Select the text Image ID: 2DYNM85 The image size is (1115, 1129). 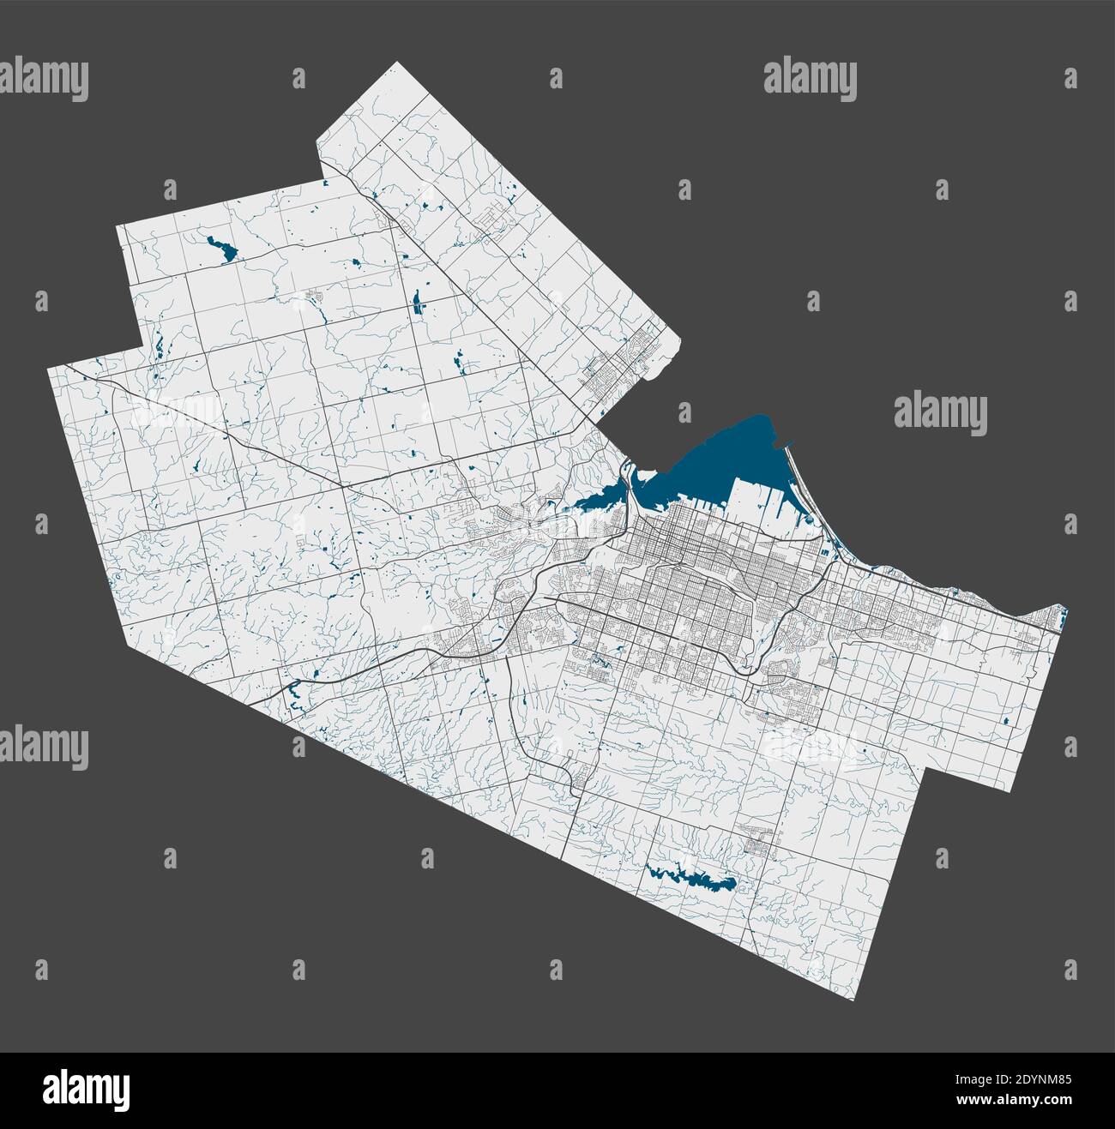(1012, 1076)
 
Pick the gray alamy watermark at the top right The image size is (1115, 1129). (811, 79)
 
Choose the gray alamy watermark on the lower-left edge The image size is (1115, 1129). (44, 744)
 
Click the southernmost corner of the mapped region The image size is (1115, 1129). (856, 999)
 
